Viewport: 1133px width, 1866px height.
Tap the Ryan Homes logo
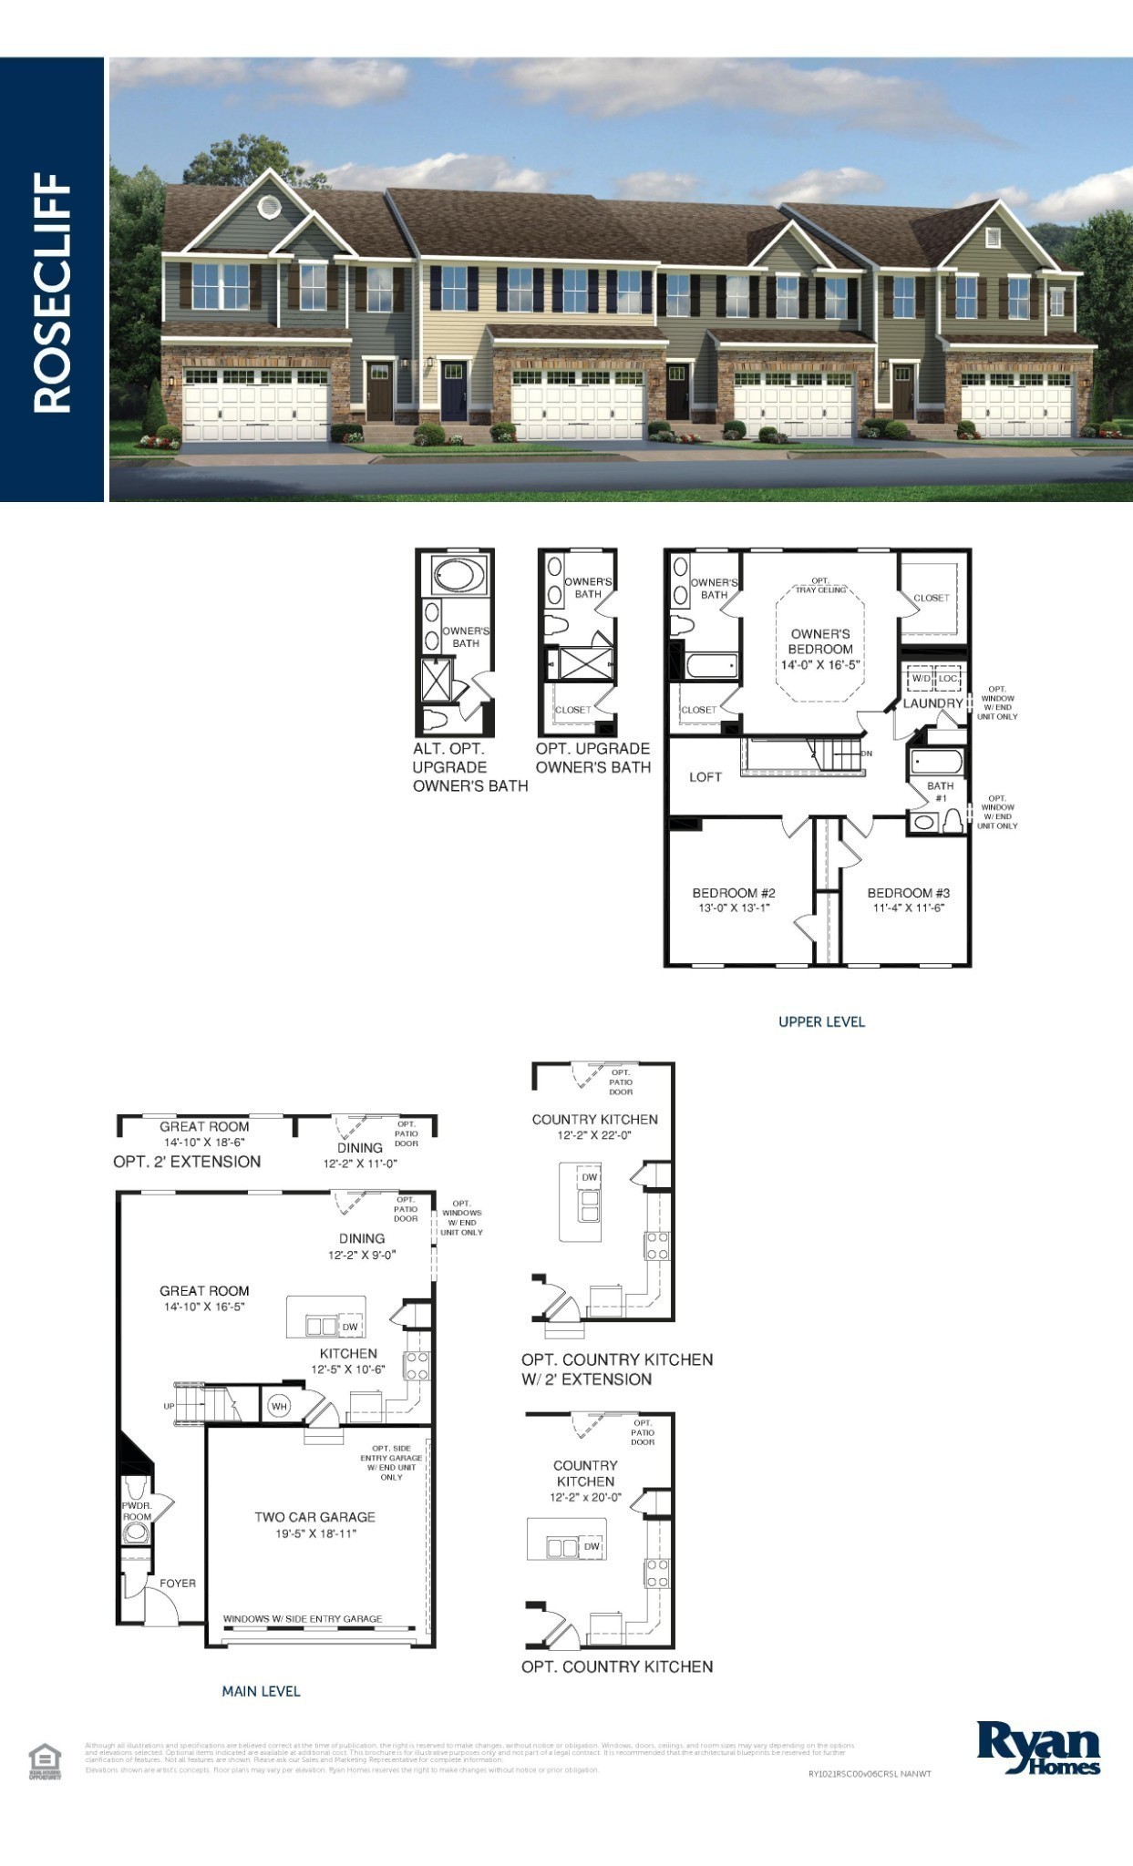coord(1038,1747)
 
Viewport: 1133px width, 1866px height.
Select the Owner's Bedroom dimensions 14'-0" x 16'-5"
coord(820,665)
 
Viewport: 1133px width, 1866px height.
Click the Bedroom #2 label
coord(734,893)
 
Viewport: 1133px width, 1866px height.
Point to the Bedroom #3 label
coord(908,893)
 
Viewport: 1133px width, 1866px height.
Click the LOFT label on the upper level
coord(706,777)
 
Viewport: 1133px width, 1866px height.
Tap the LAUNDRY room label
coord(932,703)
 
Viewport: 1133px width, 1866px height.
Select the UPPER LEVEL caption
coord(821,1021)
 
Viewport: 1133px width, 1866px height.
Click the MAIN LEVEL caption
coord(261,1691)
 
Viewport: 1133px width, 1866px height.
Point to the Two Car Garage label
coord(314,1517)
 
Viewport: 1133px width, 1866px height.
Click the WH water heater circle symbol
coord(279,1407)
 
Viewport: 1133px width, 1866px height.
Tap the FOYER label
coord(178,1584)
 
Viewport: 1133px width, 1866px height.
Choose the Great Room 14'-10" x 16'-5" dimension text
coord(204,1307)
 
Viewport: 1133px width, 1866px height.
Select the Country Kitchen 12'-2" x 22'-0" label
coord(594,1127)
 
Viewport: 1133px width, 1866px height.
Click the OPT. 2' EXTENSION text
coord(187,1162)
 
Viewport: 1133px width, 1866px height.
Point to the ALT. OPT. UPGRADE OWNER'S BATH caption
coord(470,767)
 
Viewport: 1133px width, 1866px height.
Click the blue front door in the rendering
coord(454,391)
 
